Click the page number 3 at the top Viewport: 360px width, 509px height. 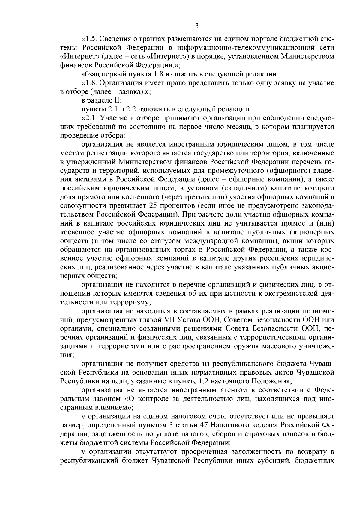coord(197,26)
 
